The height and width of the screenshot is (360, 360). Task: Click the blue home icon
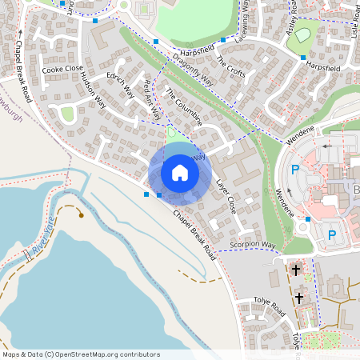pyautogui.click(x=180, y=173)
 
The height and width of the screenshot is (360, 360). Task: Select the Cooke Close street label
pyautogui.click(x=62, y=69)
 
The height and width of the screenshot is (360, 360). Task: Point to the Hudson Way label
pyautogui.click(x=90, y=88)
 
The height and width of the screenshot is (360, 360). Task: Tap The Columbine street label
pyautogui.click(x=183, y=107)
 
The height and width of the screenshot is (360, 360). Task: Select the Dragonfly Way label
pyautogui.click(x=193, y=67)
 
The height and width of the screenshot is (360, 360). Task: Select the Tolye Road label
pyautogui.click(x=268, y=307)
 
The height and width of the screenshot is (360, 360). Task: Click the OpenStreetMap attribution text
pyautogui.click(x=80, y=354)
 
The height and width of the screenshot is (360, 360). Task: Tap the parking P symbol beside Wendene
pyautogui.click(x=294, y=170)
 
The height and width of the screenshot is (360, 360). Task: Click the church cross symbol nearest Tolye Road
pyautogui.click(x=299, y=298)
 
